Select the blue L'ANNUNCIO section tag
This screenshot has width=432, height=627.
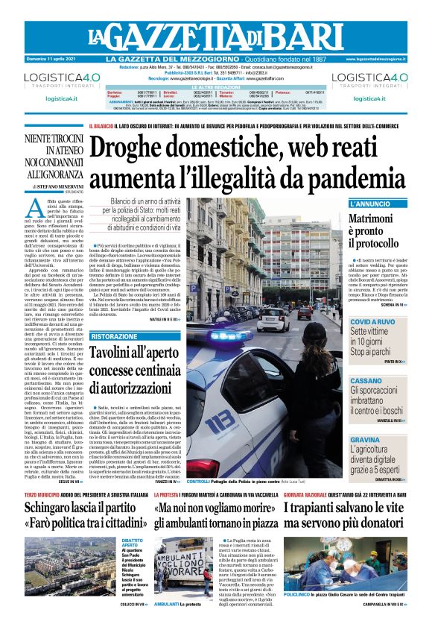[369, 203]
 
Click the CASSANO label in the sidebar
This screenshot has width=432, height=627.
[367, 381]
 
